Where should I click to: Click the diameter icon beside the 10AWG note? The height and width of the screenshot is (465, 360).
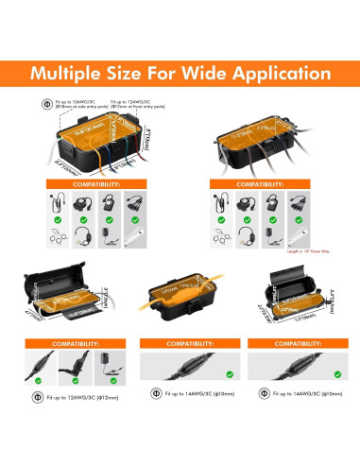[47, 103]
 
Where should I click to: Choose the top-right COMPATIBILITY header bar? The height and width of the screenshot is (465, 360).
[255, 184]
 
